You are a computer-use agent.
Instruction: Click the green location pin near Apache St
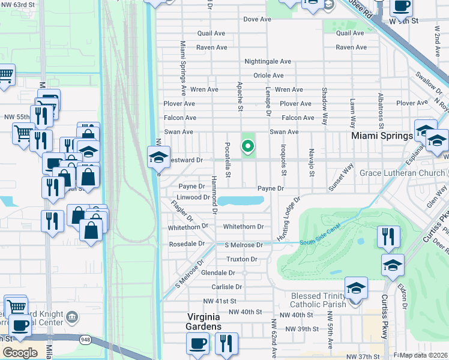tap(247, 146)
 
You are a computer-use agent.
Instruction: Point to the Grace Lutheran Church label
tap(400, 173)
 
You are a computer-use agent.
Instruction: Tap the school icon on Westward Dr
tap(159, 158)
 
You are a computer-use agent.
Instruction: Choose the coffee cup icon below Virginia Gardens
tap(197, 344)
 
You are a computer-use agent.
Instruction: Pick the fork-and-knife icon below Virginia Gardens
tap(226, 344)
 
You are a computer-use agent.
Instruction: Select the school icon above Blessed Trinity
tap(356, 288)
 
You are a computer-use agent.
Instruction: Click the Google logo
tap(20, 353)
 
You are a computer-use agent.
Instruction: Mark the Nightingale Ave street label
tap(267, 62)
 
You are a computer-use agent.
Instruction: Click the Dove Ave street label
tap(258, 20)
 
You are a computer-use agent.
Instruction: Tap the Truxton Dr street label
tap(242, 259)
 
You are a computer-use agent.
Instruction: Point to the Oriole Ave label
tap(268, 76)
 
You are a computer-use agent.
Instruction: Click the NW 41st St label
tap(220, 301)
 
